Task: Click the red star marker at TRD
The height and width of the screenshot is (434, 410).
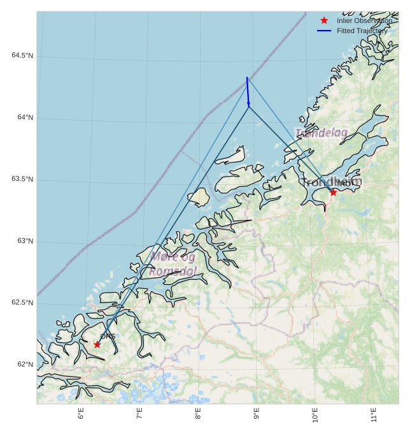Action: pyautogui.click(x=333, y=192)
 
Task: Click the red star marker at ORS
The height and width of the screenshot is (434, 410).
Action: pyautogui.click(x=97, y=345)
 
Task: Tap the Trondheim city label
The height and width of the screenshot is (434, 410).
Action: pyautogui.click(x=331, y=182)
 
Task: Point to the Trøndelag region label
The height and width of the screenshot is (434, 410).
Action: pyautogui.click(x=322, y=133)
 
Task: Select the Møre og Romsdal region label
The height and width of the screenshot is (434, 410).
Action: pyautogui.click(x=173, y=264)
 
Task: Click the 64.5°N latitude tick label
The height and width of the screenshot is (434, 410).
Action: pyautogui.click(x=22, y=56)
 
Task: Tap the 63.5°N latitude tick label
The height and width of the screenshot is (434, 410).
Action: pyautogui.click(x=22, y=180)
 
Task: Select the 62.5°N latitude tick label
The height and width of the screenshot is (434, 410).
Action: pyautogui.click(x=22, y=303)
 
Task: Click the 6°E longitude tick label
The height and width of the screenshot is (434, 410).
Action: pyautogui.click(x=81, y=414)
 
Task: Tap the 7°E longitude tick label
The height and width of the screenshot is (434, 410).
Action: pyautogui.click(x=139, y=414)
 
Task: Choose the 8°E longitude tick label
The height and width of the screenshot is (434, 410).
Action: pyautogui.click(x=198, y=414)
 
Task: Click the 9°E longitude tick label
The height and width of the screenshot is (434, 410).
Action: pyautogui.click(x=257, y=414)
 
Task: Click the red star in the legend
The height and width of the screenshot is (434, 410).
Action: pyautogui.click(x=324, y=20)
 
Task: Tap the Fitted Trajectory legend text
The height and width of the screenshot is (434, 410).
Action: pyautogui.click(x=362, y=31)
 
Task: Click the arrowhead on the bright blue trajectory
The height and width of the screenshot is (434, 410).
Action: pyautogui.click(x=248, y=104)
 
